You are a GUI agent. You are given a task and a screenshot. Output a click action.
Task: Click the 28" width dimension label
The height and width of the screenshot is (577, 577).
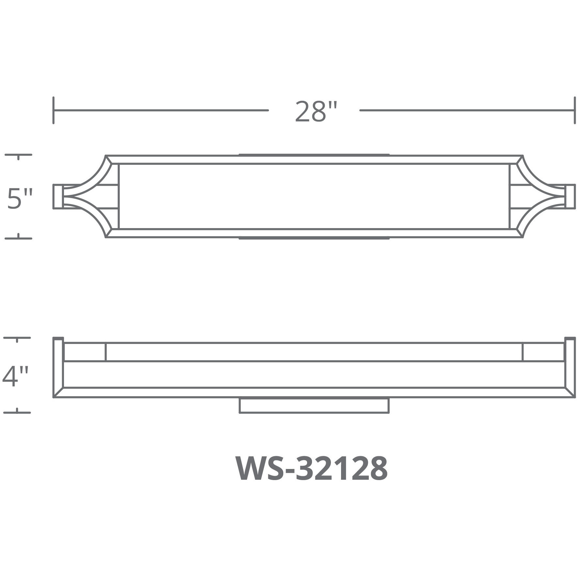[315, 111]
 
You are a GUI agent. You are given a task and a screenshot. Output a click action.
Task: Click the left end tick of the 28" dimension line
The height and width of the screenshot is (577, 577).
[53, 110]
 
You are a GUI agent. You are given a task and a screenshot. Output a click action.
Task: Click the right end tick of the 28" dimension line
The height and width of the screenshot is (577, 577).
[574, 110]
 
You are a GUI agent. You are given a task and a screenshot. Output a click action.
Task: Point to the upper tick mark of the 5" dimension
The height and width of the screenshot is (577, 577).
[19, 155]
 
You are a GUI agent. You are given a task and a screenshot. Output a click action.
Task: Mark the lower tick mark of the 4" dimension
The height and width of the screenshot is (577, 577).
[17, 412]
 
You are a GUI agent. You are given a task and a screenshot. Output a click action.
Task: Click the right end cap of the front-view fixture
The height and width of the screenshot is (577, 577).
[570, 196]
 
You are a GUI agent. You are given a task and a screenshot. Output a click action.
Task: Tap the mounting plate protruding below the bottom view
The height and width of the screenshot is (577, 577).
[314, 406]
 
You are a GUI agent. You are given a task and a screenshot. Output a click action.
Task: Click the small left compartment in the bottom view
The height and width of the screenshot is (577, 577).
[85, 352]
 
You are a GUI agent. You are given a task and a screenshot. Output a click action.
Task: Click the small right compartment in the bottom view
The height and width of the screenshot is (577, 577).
[543, 352]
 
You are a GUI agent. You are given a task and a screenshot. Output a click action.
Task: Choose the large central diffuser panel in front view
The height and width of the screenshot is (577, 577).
[314, 196]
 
